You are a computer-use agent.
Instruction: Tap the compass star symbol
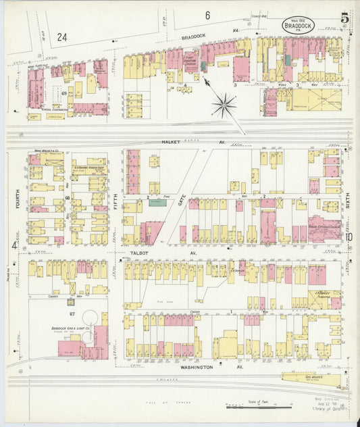pyautogui.click(x=223, y=105)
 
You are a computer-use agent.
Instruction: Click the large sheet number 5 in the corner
pyautogui.click(x=344, y=18)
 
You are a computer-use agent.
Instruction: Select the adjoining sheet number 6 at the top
pyautogui.click(x=207, y=15)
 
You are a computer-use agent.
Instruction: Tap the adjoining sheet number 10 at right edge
pyautogui.click(x=349, y=236)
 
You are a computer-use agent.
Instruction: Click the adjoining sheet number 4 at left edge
pyautogui.click(x=13, y=245)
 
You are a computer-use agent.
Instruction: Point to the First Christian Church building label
pyautogui.click(x=191, y=59)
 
